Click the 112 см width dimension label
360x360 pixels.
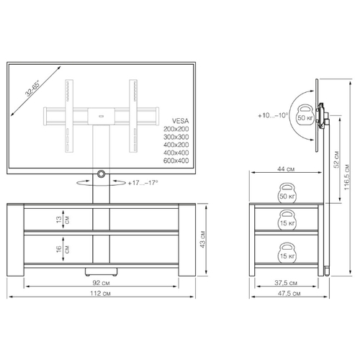pos(100,293)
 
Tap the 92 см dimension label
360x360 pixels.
pos(101,283)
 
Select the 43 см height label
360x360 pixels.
pos(203,239)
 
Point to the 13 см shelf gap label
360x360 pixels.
pos(63,220)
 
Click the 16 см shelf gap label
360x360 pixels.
pos(63,249)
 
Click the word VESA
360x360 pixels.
pos(180,121)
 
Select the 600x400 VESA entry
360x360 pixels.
pos(176,161)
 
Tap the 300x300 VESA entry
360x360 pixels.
pos(176,137)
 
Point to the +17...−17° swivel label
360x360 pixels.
pos(143,183)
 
